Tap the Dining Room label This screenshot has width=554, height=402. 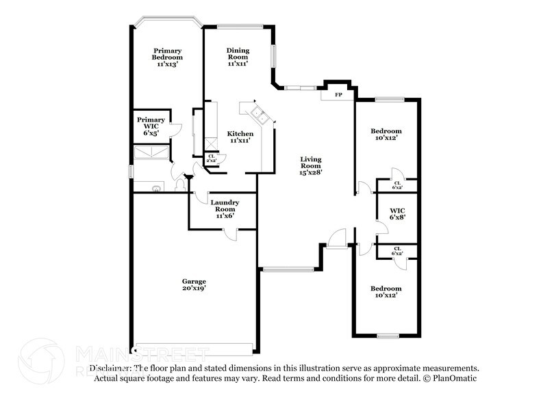[x=238, y=53]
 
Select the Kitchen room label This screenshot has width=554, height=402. [x=241, y=133]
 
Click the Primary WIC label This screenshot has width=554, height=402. [x=151, y=123]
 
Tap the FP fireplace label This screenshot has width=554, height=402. [x=338, y=94]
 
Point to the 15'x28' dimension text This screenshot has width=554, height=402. [x=311, y=173]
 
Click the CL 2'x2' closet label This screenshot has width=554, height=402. [x=212, y=158]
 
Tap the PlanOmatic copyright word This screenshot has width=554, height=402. [x=455, y=378]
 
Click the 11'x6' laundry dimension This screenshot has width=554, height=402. [x=224, y=215]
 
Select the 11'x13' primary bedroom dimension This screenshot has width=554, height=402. [x=167, y=64]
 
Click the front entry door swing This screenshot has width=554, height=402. [x=335, y=239]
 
